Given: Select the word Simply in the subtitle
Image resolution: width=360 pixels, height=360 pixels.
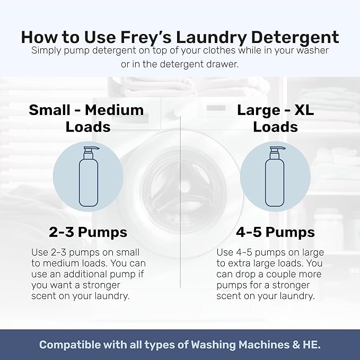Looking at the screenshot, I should pos(47,50).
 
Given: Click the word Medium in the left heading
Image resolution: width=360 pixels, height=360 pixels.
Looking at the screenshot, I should pos(115,110).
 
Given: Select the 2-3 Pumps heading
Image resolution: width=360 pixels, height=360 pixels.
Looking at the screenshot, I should pos(88,232).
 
